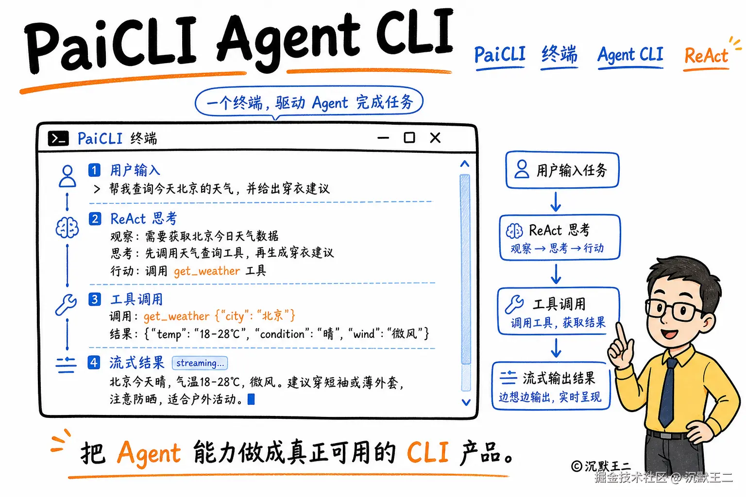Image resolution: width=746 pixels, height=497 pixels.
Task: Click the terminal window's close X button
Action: click(x=435, y=137)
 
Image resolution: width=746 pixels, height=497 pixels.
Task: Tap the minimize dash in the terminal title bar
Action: click(x=383, y=138)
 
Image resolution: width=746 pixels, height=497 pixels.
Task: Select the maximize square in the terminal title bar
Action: click(x=409, y=137)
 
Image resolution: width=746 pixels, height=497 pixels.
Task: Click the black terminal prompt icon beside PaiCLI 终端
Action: click(x=58, y=138)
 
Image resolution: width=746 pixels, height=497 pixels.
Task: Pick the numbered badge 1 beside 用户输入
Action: click(x=94, y=170)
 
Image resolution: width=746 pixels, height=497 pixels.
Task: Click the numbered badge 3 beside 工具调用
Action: click(x=95, y=299)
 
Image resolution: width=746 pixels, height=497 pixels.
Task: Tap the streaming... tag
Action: click(x=200, y=363)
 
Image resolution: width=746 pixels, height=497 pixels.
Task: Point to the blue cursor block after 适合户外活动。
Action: click(x=251, y=399)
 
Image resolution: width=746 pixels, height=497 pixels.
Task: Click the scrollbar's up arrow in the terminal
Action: click(x=465, y=164)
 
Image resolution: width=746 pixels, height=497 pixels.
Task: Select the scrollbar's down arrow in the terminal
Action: click(x=466, y=402)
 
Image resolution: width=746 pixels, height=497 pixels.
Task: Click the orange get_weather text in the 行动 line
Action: click(x=207, y=271)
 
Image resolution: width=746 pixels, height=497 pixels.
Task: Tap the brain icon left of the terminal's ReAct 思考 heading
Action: click(x=68, y=228)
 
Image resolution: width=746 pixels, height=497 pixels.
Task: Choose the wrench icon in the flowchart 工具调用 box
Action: click(x=514, y=304)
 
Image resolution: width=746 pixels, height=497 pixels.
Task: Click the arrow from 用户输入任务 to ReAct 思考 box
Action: click(x=556, y=201)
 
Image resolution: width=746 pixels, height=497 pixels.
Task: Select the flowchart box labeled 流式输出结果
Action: click(x=551, y=386)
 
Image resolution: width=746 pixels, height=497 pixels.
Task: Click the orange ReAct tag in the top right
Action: click(x=706, y=55)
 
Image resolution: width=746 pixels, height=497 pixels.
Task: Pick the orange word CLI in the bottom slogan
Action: click(x=427, y=452)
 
